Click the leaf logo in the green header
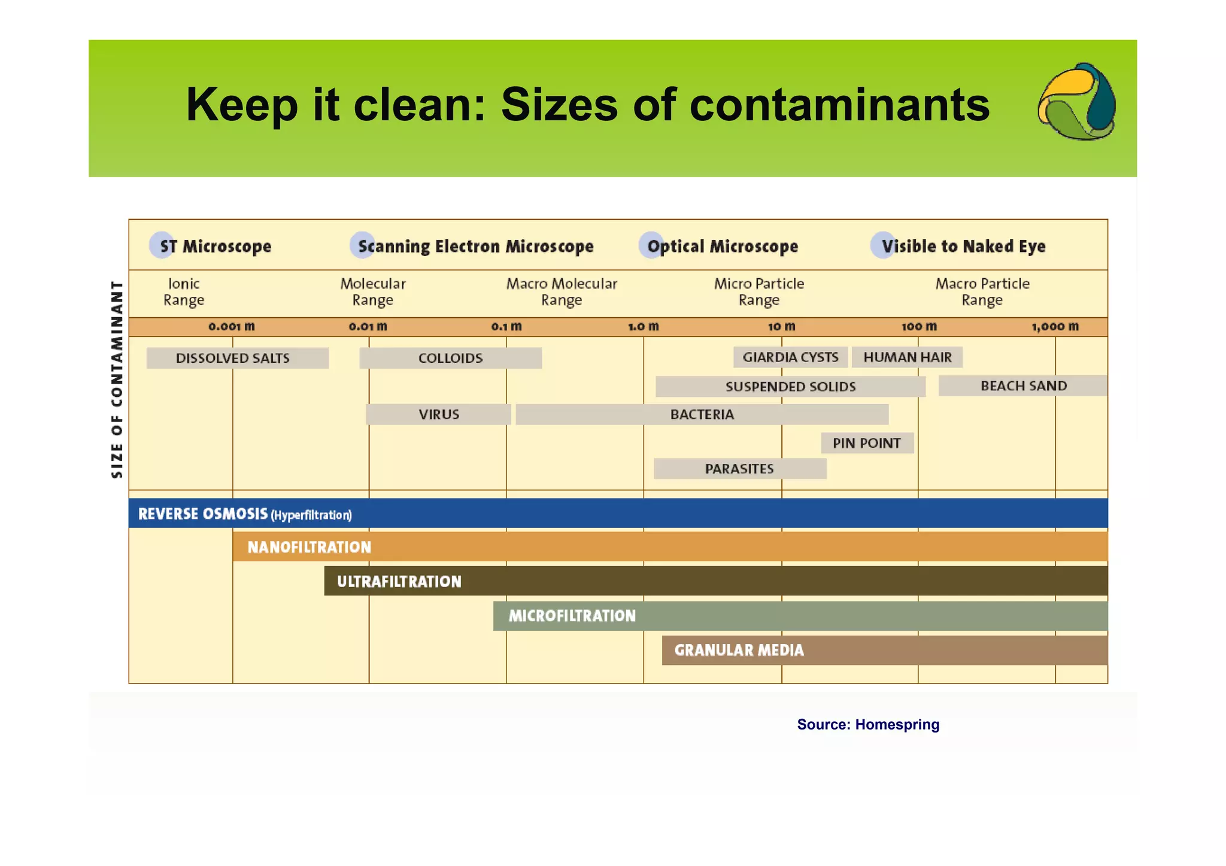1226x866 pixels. click(1076, 102)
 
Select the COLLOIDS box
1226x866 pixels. click(450, 358)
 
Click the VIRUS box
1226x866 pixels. click(438, 414)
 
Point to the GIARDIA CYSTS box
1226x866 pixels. click(790, 357)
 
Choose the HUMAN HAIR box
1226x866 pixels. click(907, 357)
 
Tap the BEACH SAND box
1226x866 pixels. click(1023, 386)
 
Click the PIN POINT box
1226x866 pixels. click(867, 443)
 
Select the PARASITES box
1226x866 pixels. click(740, 469)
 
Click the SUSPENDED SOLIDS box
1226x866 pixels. click(790, 387)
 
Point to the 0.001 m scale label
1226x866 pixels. click(232, 327)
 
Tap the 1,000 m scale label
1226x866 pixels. click(1055, 327)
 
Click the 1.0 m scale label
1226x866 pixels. click(643, 327)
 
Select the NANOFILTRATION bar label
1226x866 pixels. click(309, 547)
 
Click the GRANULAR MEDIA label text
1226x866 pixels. click(739, 650)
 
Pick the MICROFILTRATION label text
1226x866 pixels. click(572, 616)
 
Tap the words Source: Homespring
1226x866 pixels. click(868, 725)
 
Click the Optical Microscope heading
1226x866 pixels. click(722, 246)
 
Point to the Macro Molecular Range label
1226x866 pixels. click(562, 291)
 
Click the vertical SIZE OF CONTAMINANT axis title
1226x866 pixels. click(117, 379)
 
